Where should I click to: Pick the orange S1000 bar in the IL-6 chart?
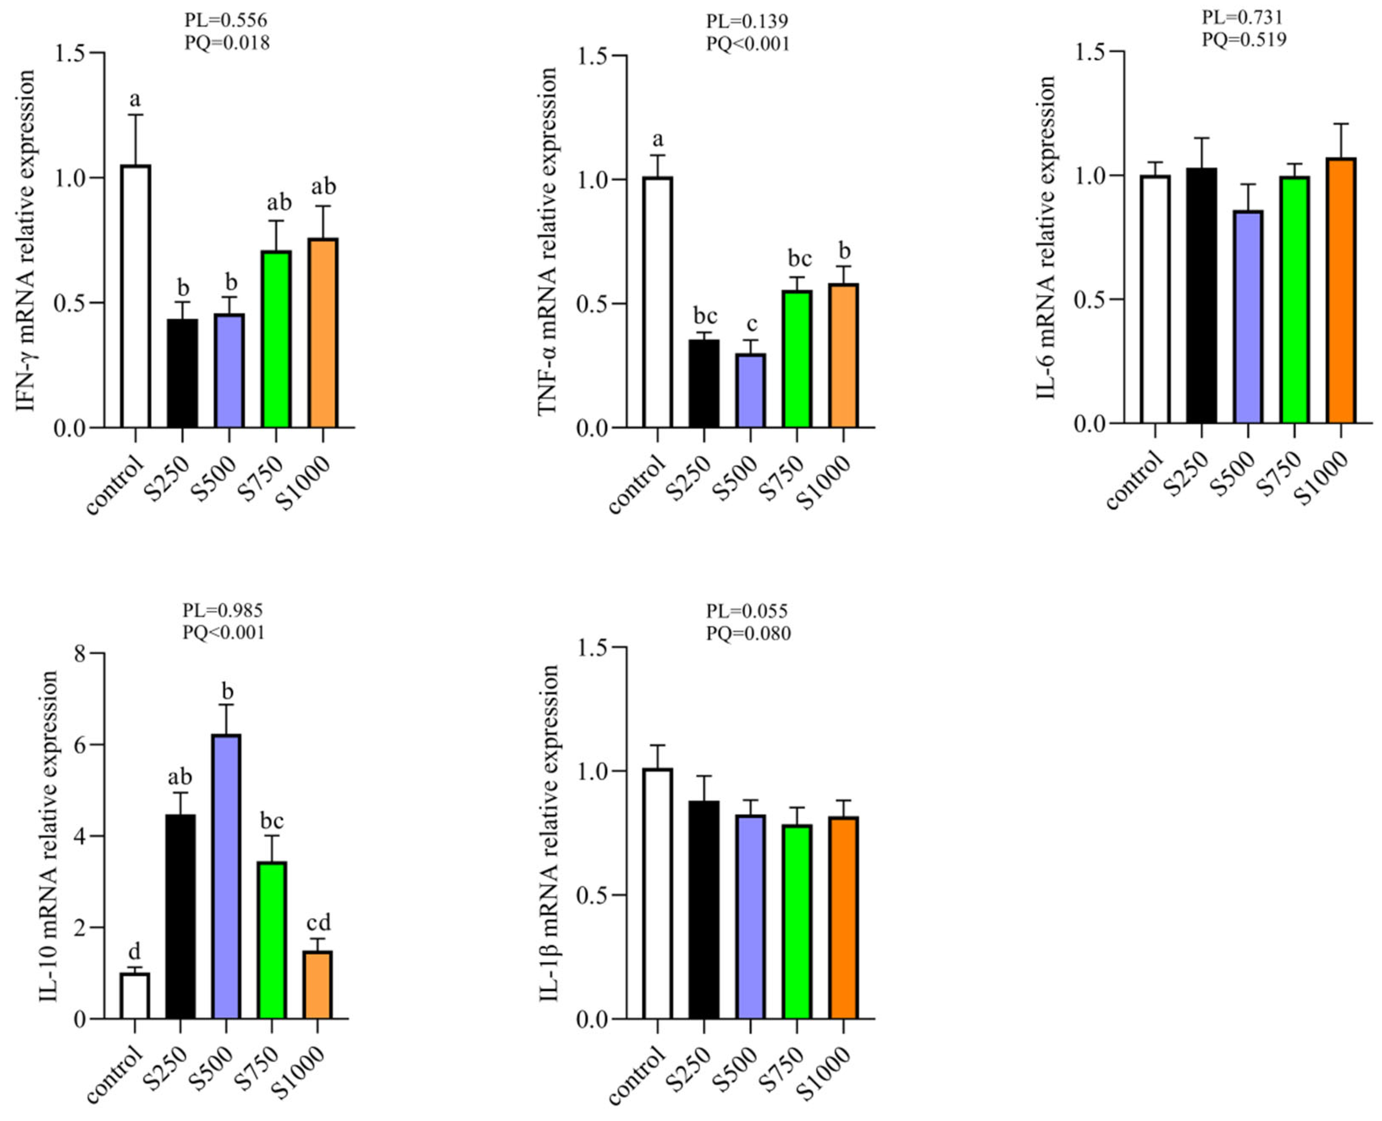(x=1341, y=291)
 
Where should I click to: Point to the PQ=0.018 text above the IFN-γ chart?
(x=227, y=43)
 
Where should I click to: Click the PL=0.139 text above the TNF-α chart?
(x=747, y=21)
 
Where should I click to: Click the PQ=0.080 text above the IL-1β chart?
(x=748, y=633)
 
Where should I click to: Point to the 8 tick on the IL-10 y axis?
(x=80, y=654)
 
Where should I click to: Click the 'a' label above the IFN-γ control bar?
(x=134, y=99)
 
